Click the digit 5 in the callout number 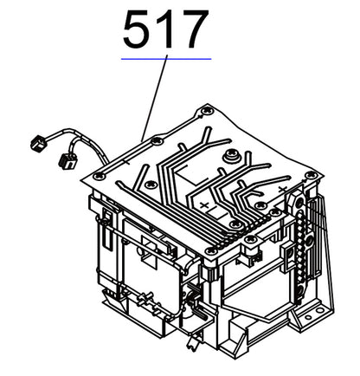click(138, 32)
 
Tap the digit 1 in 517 click(166, 32)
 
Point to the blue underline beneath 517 click(166, 59)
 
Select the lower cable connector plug click(64, 160)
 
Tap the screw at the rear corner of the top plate click(205, 110)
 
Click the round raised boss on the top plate click(232, 157)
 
